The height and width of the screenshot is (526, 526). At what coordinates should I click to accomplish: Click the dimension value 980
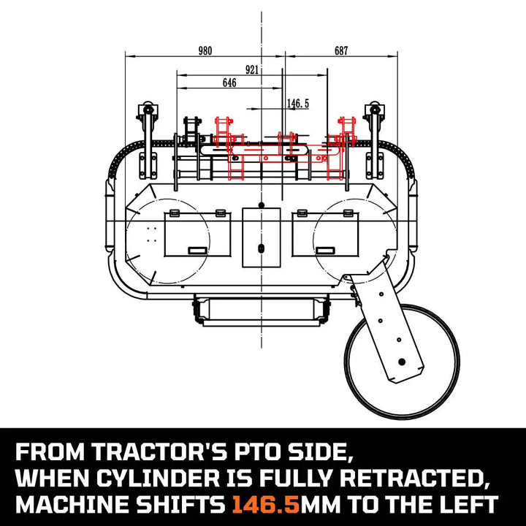click(x=205, y=50)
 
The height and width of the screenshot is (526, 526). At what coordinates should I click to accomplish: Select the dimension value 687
click(x=341, y=50)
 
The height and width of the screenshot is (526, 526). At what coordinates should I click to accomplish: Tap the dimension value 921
click(x=252, y=70)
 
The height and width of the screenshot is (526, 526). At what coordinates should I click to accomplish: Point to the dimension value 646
click(x=229, y=83)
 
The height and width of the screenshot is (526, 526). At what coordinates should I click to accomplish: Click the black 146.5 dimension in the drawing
click(x=297, y=104)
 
